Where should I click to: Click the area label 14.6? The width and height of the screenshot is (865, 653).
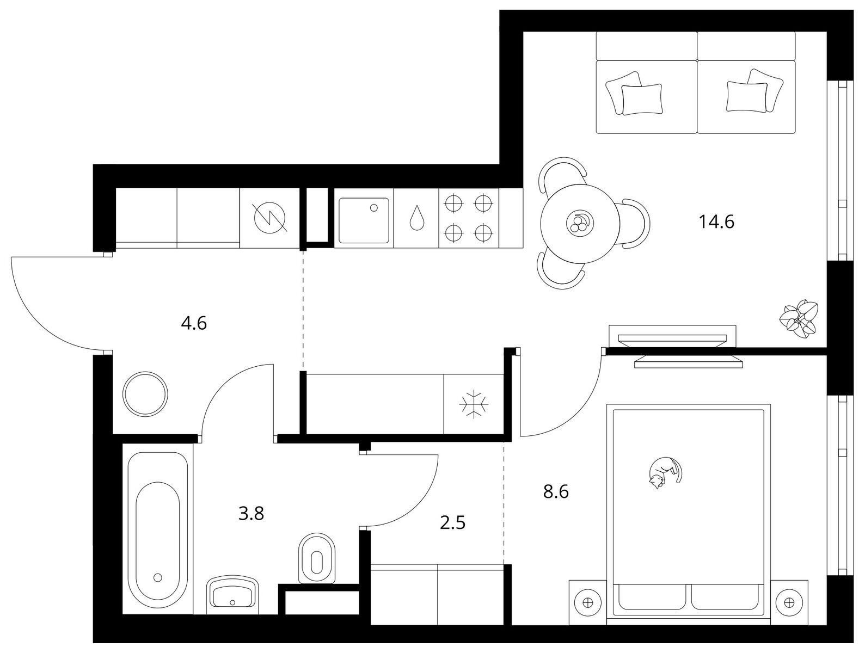tap(716, 221)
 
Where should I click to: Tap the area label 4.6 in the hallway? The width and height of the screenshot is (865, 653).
tap(194, 323)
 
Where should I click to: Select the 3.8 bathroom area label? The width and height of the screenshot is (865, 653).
tap(251, 514)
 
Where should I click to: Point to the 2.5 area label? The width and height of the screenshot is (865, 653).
tap(453, 523)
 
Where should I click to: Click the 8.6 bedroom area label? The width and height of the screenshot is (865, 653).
tap(556, 492)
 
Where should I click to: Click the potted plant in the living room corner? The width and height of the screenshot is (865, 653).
tap(799, 319)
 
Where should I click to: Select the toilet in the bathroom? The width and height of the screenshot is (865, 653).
tap(317, 558)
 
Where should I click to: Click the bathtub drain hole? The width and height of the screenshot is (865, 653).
tap(158, 577)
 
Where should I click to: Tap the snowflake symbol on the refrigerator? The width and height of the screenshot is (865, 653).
tap(474, 404)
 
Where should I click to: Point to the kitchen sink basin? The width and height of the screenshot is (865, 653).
tap(364, 220)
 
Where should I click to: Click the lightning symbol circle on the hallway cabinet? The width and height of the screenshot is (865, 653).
tap(271, 218)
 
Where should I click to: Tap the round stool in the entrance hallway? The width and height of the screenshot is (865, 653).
tap(145, 393)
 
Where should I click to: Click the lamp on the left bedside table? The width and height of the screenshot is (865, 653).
tap(588, 602)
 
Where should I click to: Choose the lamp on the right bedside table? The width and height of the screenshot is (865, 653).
tap(789, 602)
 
